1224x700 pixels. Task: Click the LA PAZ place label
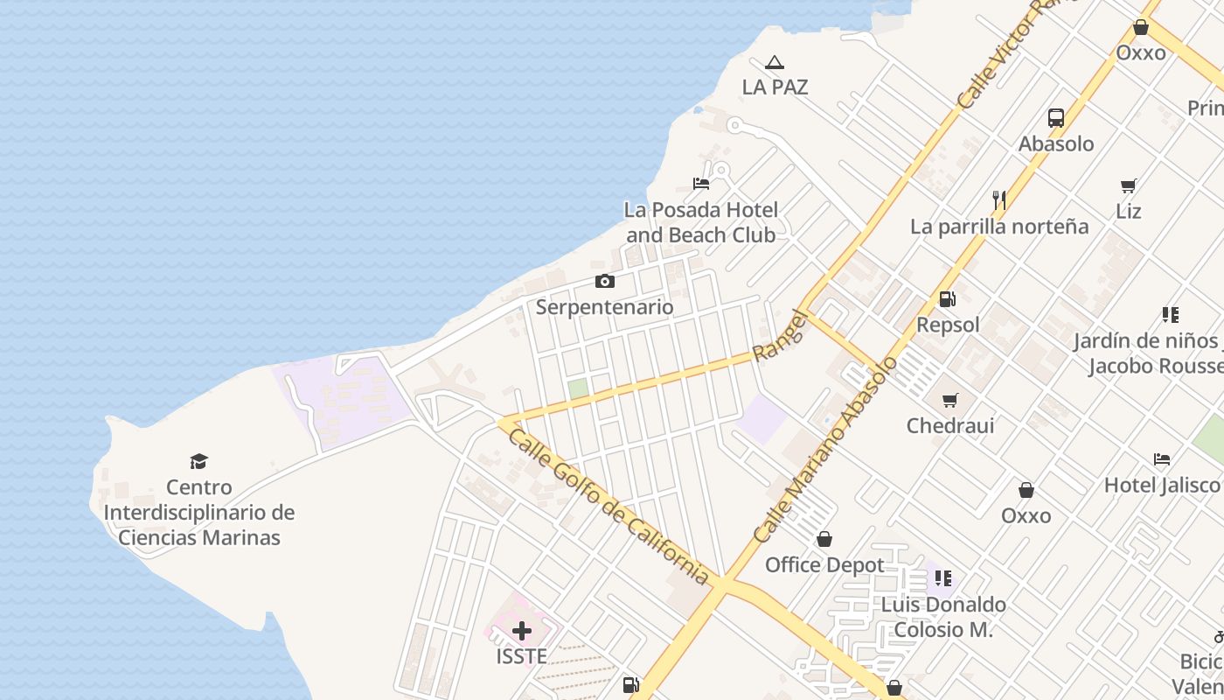(775, 87)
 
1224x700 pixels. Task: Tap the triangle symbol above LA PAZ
(774, 63)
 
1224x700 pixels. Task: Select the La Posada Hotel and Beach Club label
(701, 222)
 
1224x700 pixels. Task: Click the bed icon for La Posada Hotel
(701, 184)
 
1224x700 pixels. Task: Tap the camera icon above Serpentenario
(604, 282)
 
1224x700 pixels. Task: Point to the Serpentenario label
(604, 307)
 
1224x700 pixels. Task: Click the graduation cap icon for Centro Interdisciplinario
(199, 461)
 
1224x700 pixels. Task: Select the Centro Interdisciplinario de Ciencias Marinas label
(199, 512)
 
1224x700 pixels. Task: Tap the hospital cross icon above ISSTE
(522, 631)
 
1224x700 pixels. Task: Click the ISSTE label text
(522, 656)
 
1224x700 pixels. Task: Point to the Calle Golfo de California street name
(609, 505)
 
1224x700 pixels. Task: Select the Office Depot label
(824, 565)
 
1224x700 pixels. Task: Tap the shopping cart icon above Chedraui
(950, 401)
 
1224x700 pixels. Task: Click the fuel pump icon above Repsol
(948, 299)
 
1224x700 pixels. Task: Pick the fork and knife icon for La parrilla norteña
(999, 200)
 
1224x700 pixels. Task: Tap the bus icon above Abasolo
(1056, 118)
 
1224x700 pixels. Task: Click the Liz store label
(1129, 212)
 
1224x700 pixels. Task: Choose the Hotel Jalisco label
(1162, 485)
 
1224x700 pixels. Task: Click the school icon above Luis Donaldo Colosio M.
(943, 577)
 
